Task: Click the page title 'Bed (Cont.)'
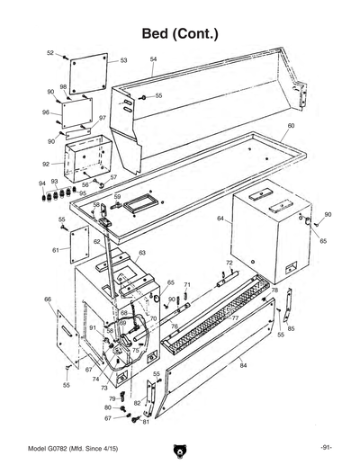point(180,33)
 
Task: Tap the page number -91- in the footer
point(328,448)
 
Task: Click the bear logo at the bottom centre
point(180,450)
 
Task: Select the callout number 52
point(50,53)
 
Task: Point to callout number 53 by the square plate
point(123,60)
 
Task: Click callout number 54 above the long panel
point(153,59)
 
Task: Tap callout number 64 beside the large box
point(220,219)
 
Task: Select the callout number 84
point(243,366)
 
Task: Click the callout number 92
point(46,165)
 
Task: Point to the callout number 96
point(45,112)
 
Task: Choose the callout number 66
point(47,299)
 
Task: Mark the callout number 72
point(229,263)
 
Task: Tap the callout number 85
point(291,329)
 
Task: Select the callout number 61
point(55,249)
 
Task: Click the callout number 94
point(42,183)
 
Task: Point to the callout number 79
point(112,398)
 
